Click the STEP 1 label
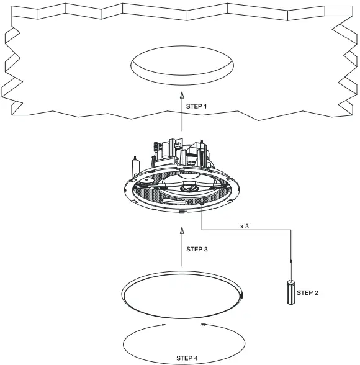197,107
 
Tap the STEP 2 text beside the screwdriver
308,292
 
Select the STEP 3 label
197,249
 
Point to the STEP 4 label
187,358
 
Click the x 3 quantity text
245,227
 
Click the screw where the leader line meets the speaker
202,205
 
